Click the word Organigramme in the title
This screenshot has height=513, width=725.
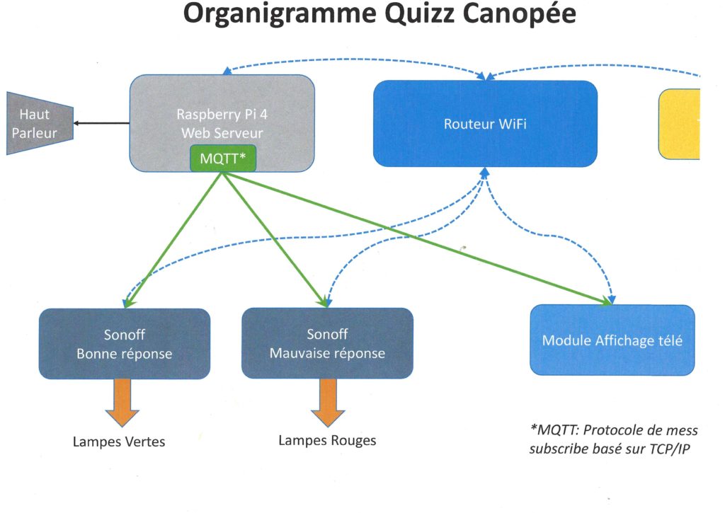279,15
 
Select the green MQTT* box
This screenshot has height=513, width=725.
223,158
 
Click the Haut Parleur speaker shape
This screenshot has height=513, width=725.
40,123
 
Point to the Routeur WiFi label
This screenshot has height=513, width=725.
485,124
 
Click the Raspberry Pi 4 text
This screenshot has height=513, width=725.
222,114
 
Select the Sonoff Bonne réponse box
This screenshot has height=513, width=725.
125,344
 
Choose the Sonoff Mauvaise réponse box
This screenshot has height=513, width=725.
327,343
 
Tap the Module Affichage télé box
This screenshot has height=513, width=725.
612,340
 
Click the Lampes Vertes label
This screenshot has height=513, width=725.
119,442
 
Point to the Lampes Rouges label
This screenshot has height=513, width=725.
327,440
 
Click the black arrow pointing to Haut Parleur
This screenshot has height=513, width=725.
102,123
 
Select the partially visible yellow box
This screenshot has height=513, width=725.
679,125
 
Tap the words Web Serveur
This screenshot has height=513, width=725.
222,133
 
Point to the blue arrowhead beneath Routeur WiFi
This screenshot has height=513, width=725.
484,173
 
